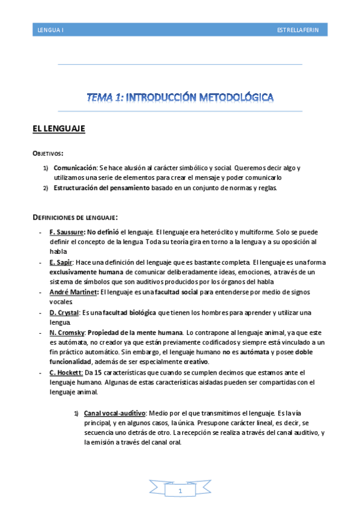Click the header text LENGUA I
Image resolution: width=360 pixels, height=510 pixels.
(50, 29)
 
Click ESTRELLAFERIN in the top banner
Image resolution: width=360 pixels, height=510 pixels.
(302, 29)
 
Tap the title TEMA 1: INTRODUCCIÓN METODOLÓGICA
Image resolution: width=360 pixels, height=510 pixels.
(180, 96)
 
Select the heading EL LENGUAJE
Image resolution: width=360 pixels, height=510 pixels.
(59, 129)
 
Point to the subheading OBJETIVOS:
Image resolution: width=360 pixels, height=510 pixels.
(48, 153)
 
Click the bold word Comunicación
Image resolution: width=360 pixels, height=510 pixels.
(75, 168)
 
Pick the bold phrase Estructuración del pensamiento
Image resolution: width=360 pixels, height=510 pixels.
(99, 188)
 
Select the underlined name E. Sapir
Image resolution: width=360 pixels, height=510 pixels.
(61, 262)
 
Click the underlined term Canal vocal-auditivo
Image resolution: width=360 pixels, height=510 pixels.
(115, 413)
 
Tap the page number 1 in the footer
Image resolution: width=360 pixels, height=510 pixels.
(180, 492)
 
